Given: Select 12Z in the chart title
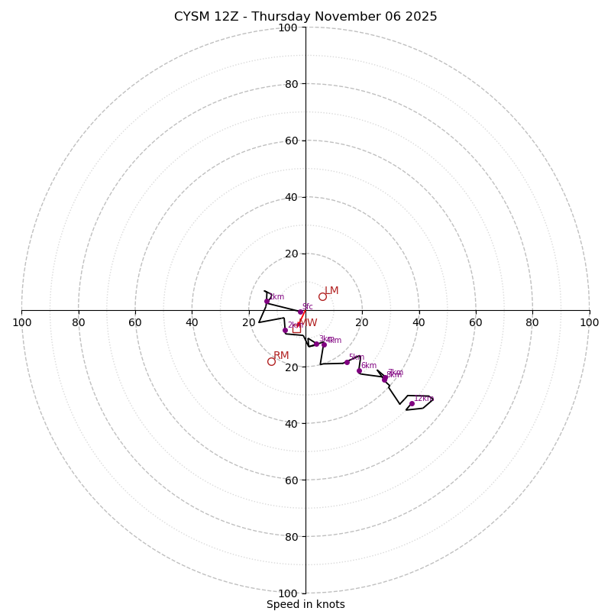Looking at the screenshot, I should [228, 17].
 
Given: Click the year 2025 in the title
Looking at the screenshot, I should [419, 17].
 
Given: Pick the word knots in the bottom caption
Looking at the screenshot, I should [330, 604].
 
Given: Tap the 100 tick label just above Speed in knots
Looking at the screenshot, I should [287, 593].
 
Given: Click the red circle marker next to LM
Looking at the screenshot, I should [322, 296].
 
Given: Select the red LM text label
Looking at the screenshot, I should [331, 291].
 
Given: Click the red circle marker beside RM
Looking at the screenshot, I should [271, 361].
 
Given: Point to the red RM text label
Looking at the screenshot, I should [281, 356].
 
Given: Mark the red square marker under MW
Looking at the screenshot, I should [297, 329].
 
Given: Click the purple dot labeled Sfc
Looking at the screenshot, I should [300, 312].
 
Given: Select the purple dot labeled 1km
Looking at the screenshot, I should [267, 301].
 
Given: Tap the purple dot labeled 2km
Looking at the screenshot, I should [285, 330].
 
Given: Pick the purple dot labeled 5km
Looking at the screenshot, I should [347, 362].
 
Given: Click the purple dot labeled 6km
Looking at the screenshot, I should [359, 370].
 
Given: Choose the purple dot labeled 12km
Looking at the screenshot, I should [412, 403].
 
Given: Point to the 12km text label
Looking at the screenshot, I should [424, 398].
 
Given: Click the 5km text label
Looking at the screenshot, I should [357, 357].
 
